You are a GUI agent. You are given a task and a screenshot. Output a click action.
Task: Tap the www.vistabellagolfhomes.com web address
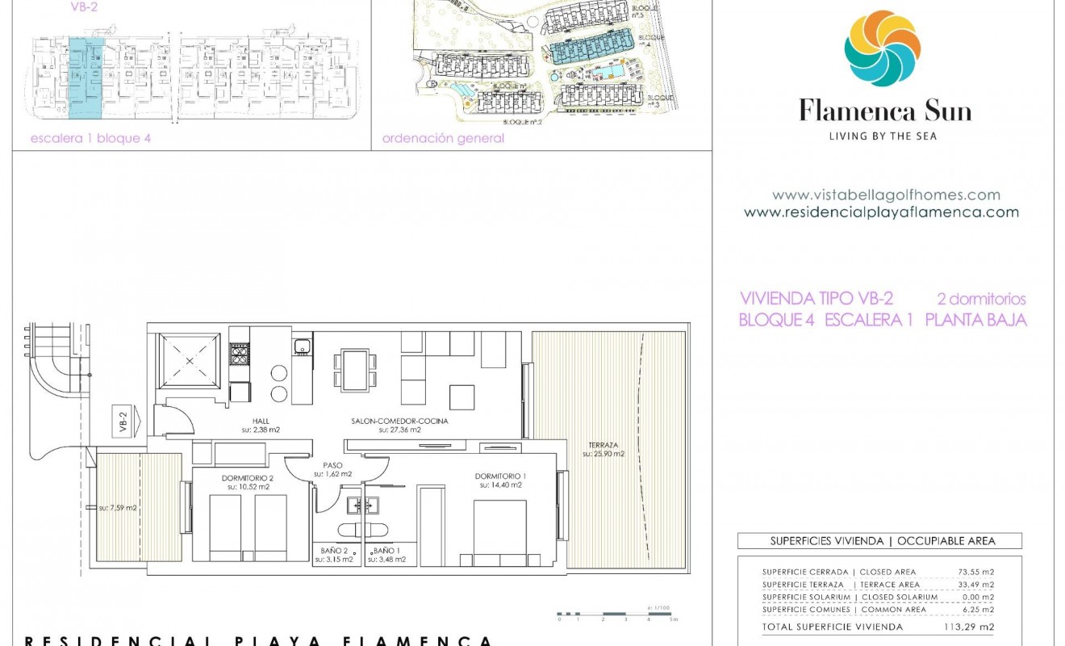pyautogui.click(x=886, y=195)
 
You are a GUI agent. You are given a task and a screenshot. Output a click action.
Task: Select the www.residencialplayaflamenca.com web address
pyautogui.click(x=881, y=212)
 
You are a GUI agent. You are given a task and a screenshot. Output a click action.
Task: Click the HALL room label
pyautogui.click(x=260, y=421)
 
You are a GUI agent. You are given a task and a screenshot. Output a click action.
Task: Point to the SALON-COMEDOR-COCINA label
pyautogui.click(x=399, y=421)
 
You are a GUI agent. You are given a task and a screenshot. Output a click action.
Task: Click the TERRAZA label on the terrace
pyautogui.click(x=603, y=445)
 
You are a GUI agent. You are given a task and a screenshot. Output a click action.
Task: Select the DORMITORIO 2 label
pyautogui.click(x=248, y=477)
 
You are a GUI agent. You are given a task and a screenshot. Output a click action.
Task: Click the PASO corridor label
pyautogui.click(x=333, y=465)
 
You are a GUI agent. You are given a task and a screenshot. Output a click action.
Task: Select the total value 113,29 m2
pyautogui.click(x=969, y=627)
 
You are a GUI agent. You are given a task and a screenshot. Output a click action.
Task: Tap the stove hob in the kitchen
pyautogui.click(x=240, y=353)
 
